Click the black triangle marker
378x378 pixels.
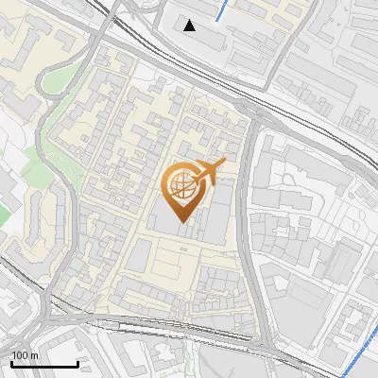[190, 26]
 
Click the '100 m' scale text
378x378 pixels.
[24, 354]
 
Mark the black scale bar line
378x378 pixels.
[43, 364]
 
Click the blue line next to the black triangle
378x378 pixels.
[220, 11]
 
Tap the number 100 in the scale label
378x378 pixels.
[19, 354]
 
